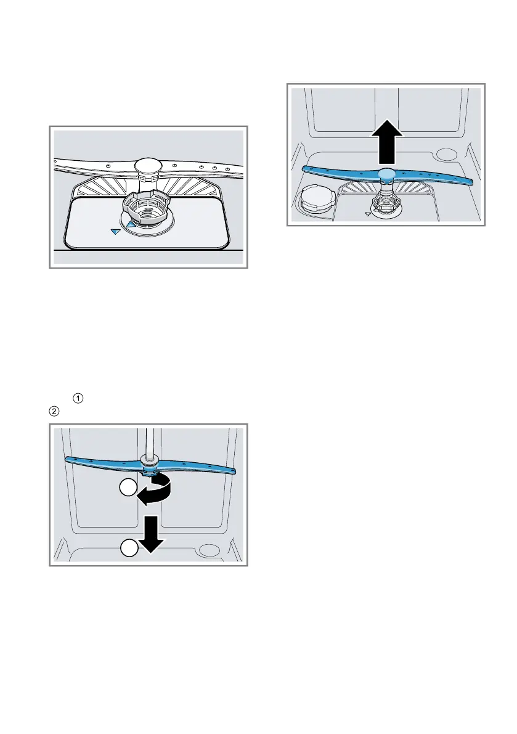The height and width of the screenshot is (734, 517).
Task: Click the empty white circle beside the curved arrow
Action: tap(128, 490)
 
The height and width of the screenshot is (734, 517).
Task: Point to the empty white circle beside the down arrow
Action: tap(128, 547)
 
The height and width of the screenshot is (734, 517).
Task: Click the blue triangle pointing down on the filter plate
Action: tap(115, 231)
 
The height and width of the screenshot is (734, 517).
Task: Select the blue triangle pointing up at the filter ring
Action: tap(131, 226)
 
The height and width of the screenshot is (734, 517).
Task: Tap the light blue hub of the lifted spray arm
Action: tap(386, 174)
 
